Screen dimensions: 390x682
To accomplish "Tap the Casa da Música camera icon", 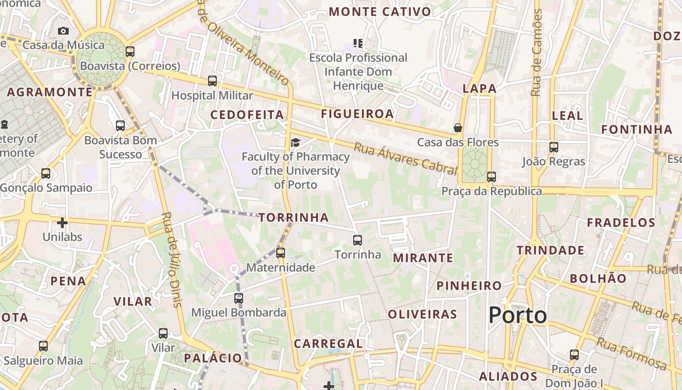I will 63,31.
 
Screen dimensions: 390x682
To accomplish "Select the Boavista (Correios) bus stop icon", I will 130,52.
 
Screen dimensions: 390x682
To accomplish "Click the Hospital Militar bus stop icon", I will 212,81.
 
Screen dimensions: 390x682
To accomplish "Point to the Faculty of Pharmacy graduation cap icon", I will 295,142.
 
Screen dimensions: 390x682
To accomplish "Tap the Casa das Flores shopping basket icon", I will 458,128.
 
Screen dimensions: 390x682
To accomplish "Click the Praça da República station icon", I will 492,176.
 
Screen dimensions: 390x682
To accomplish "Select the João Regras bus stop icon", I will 553,147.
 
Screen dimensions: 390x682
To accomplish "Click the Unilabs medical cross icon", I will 62,223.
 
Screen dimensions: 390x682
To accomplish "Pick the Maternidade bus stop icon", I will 280,253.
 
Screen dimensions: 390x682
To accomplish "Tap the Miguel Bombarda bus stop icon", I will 238,298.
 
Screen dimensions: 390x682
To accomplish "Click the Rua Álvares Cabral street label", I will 405,158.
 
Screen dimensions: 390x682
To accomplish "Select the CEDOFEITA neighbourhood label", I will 246,115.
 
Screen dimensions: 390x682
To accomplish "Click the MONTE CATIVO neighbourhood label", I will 380,12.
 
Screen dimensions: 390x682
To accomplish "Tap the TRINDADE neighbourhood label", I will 550,251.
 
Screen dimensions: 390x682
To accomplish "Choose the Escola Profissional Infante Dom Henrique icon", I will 359,43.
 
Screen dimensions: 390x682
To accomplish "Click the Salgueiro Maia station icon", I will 43,346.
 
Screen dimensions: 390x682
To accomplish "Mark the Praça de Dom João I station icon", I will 574,354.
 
